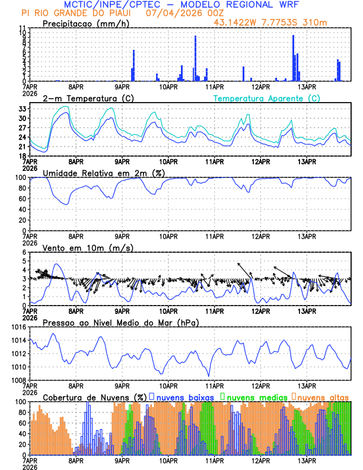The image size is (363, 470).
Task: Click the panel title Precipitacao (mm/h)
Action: (x=86, y=24)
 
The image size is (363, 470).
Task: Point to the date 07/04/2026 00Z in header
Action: (x=175, y=12)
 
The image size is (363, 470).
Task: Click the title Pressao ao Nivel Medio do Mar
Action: (x=120, y=322)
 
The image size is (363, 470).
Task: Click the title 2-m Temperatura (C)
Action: (x=88, y=98)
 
